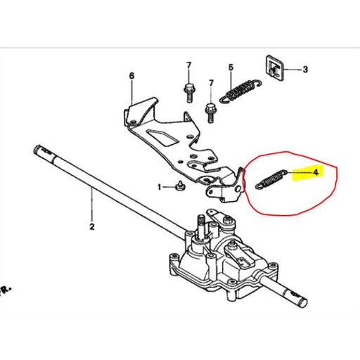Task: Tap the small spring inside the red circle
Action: point(269,177)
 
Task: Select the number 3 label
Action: point(305,70)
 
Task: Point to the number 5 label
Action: point(230,67)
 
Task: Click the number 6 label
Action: point(131,75)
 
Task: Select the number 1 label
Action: point(160,187)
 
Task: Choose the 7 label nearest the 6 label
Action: point(188,65)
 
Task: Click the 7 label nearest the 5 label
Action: point(210,84)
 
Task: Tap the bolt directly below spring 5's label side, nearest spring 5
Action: point(209,109)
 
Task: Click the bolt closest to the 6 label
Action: point(188,89)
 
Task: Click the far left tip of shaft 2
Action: point(36,148)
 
